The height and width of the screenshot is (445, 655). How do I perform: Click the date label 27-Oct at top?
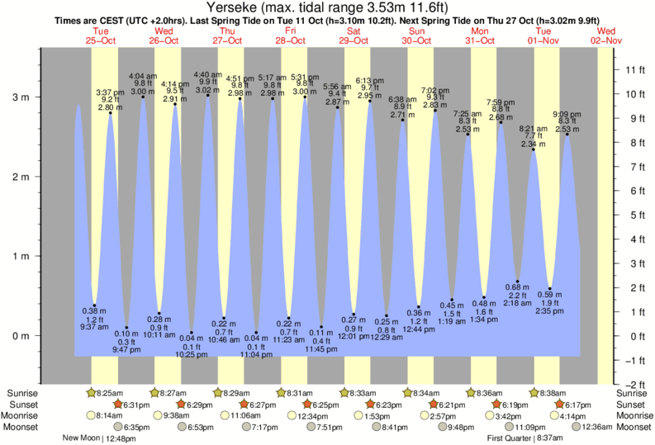[228, 40]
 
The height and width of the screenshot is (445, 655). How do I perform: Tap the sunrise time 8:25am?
[112, 393]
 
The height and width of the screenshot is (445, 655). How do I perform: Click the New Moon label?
[81, 438]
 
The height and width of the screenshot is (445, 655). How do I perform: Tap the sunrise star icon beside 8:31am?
[282, 393]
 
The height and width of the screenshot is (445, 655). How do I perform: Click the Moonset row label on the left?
[25, 427]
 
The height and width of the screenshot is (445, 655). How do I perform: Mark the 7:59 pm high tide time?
[501, 102]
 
